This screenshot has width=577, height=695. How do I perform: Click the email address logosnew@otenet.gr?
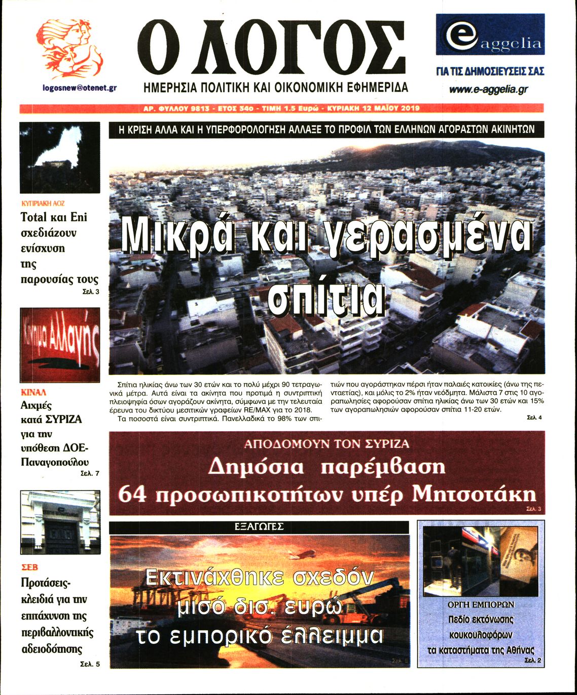coord(80,88)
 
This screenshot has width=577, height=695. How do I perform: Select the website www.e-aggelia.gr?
coord(488,89)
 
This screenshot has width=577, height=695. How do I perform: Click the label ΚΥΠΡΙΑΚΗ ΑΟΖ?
coord(43,203)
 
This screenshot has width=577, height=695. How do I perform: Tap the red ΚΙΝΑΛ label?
coord(33,392)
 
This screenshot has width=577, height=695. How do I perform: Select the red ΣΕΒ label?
coord(29,567)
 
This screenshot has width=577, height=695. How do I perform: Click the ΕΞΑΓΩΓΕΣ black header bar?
coord(259,527)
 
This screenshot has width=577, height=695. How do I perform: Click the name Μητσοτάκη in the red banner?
coord(474,494)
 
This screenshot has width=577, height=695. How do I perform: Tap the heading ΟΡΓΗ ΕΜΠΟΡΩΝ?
coord(481,605)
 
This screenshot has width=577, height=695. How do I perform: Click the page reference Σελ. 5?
coord(90,664)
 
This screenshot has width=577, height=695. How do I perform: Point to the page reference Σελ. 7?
coord(90,473)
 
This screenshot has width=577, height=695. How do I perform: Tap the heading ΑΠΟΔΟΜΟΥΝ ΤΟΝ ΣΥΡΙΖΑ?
coord(327,444)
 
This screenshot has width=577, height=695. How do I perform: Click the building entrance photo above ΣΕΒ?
coord(60,522)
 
